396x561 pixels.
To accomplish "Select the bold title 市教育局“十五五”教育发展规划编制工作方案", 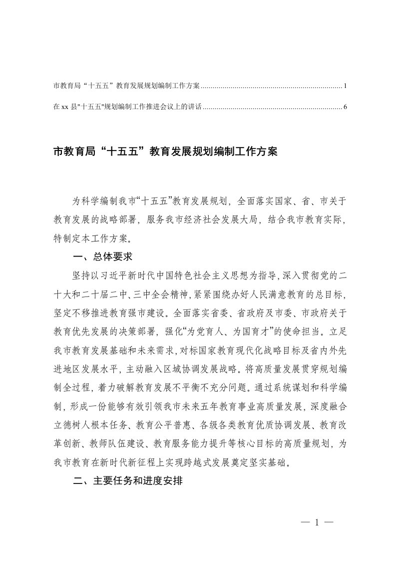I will pyautogui.click(x=164, y=151).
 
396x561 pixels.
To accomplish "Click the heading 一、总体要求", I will pyautogui.click(x=101, y=257).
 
